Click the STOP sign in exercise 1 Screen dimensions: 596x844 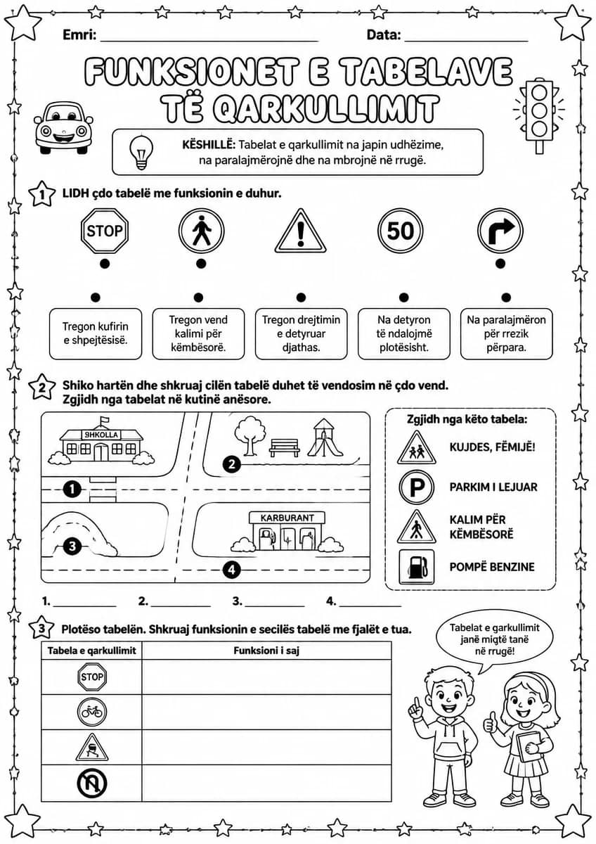(x=105, y=231)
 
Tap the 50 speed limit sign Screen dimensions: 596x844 (x=400, y=231)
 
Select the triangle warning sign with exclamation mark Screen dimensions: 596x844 (x=300, y=231)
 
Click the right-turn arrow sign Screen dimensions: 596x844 (x=500, y=231)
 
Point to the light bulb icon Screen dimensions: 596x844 (x=141, y=152)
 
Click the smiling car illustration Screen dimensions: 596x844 (x=63, y=128)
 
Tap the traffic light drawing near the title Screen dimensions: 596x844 (x=539, y=115)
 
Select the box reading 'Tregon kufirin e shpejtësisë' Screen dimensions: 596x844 (x=96, y=333)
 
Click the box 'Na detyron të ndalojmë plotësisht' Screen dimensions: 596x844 (x=404, y=333)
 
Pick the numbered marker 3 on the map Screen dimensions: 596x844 (x=72, y=546)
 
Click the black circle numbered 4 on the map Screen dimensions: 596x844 (x=231, y=569)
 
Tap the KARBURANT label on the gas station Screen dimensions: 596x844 (x=287, y=518)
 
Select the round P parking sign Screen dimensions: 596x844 (x=416, y=488)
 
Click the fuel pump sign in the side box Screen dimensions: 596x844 (x=416, y=567)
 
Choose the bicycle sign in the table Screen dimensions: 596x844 (x=92, y=712)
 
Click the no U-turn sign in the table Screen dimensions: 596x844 (x=92, y=784)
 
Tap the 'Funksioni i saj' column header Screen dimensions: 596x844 (x=266, y=651)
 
